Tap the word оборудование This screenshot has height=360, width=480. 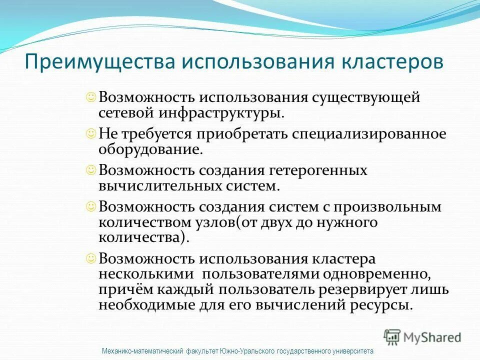pos(150,148)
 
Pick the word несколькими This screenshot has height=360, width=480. pos(146,274)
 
